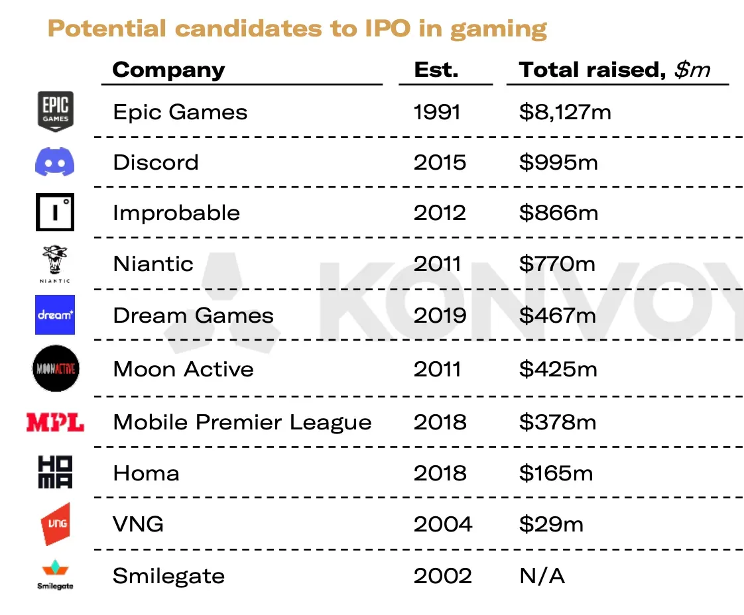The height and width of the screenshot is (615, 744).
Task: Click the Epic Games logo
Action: (55, 111)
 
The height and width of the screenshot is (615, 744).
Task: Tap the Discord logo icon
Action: (54, 162)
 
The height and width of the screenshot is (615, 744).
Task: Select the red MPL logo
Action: (55, 422)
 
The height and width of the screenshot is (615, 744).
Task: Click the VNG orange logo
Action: (55, 524)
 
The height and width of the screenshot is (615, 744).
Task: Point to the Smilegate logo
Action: (55, 575)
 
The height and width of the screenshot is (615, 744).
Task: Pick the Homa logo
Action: (55, 473)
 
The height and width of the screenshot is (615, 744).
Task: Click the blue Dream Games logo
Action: (55, 315)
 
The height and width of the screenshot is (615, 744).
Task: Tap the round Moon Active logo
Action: (55, 368)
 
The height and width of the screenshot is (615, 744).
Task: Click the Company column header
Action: (168, 70)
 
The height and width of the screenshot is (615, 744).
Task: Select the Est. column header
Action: (436, 70)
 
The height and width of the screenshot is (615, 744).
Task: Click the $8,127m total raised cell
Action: (565, 112)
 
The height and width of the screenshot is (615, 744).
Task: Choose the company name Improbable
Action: (176, 213)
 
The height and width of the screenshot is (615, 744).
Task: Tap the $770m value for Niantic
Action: (557, 264)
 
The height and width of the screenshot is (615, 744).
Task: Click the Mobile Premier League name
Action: (242, 422)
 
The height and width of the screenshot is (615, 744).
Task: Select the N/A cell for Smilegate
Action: (542, 576)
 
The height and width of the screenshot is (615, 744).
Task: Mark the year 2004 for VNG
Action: (443, 524)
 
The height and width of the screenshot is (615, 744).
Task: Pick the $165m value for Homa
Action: (556, 473)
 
